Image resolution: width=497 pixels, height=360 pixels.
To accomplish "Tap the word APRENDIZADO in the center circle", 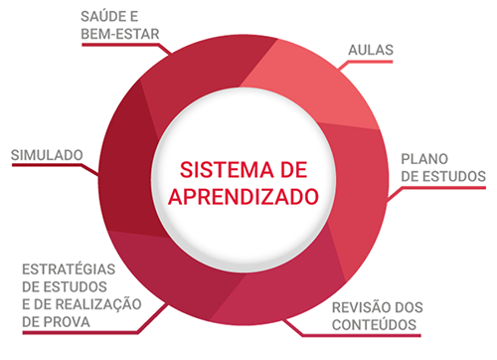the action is (x=244, y=197).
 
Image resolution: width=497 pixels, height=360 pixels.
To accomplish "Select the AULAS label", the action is (x=371, y=50).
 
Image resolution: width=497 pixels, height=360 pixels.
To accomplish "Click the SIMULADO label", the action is (x=47, y=155).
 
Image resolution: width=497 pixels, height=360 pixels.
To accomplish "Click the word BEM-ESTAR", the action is (x=120, y=34).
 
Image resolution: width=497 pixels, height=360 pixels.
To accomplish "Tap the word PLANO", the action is (x=424, y=159).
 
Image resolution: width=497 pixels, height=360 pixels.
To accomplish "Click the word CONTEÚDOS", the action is (x=375, y=325).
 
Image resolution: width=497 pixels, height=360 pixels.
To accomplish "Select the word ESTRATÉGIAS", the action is (x=69, y=270).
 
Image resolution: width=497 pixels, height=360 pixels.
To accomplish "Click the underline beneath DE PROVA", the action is (x=80, y=332).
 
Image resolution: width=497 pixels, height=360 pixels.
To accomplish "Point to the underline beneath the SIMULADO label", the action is (x=47, y=165).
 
